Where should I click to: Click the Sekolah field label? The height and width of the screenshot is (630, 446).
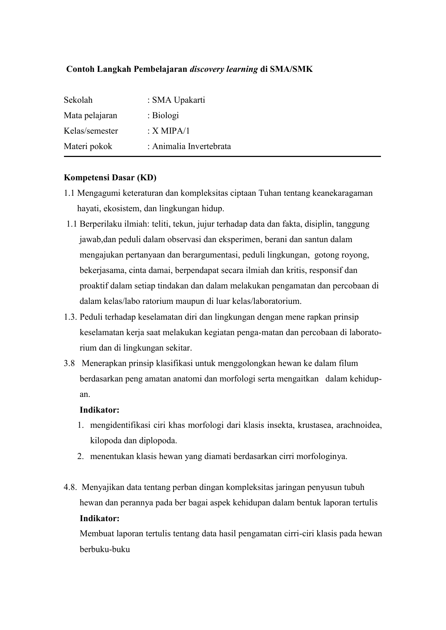(78, 100)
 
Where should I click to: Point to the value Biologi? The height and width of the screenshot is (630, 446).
(165, 115)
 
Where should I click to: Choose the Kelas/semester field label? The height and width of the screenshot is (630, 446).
(91, 131)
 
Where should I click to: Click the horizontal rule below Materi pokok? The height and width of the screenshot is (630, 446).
(222, 157)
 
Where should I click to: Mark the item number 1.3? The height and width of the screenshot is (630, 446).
(70, 317)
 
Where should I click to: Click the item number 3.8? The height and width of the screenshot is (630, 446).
(69, 363)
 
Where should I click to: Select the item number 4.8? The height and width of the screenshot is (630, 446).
(70, 487)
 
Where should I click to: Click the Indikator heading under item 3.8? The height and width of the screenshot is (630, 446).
(99, 410)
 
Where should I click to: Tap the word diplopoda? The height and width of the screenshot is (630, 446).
(159, 441)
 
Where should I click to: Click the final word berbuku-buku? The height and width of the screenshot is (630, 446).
(105, 549)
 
